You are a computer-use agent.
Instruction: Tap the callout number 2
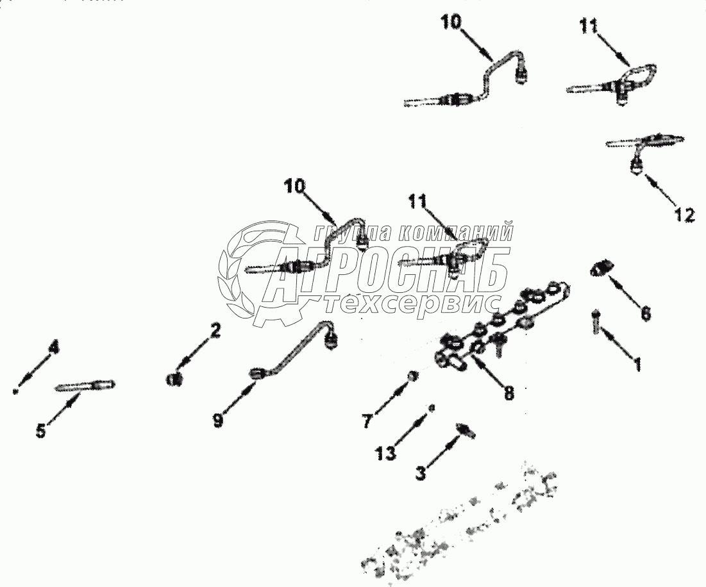point(215,331)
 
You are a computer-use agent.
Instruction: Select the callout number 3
point(421,474)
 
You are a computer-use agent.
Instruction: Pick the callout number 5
point(41,431)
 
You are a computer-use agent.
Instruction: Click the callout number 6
point(646,313)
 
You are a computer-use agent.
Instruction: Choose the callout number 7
point(366,422)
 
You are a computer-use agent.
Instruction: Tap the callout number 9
point(219,422)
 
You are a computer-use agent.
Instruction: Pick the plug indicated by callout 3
point(465,431)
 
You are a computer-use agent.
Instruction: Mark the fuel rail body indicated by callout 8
point(500,327)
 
